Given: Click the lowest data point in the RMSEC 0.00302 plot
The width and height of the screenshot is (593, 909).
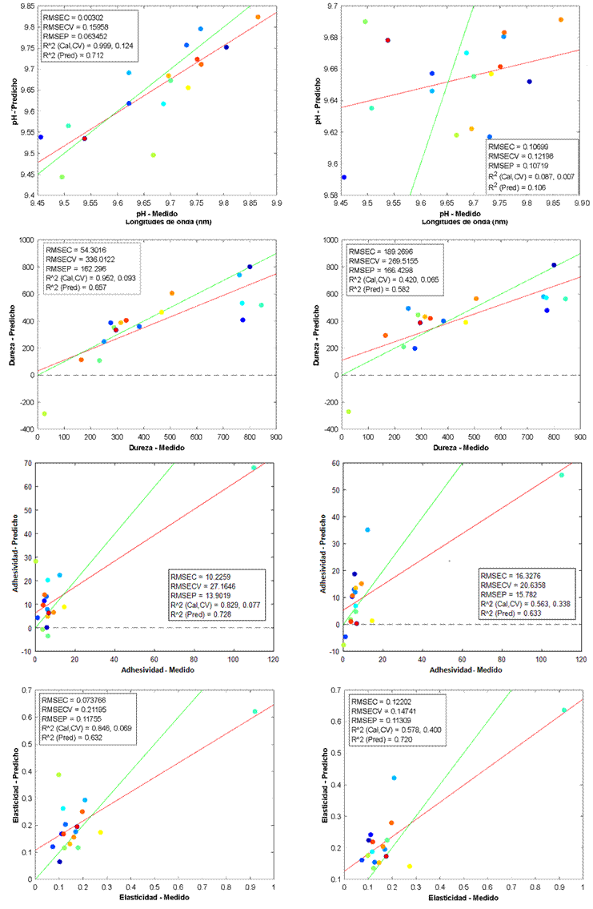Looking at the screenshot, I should [x=62, y=177].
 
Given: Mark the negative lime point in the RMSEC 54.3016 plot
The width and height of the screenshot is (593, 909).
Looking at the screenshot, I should [x=44, y=414].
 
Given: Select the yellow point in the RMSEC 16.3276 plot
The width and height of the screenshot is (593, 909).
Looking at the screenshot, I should [x=372, y=621].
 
